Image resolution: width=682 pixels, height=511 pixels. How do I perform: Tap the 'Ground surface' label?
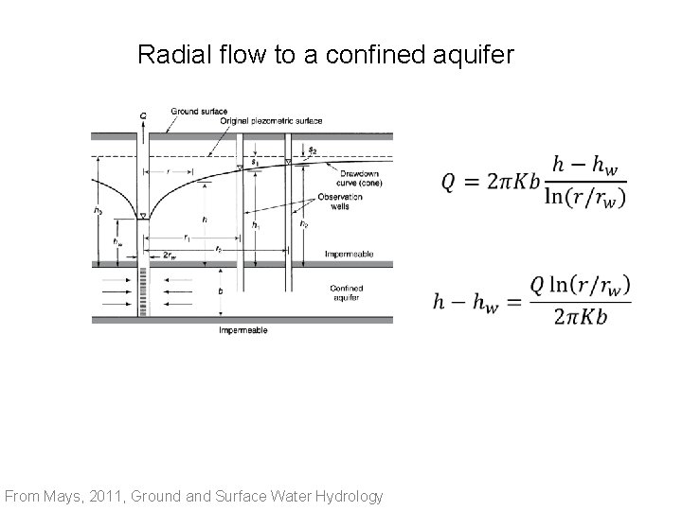coord(199,112)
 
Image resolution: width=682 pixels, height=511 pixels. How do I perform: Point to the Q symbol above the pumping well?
coord(142,116)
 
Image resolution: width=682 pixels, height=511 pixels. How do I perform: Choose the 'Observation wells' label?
coord(340,203)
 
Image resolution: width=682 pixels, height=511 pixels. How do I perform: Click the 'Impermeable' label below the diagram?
coord(242,330)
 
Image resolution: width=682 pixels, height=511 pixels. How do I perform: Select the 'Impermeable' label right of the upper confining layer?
coord(348,255)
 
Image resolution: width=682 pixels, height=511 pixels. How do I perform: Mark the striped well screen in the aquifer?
coord(143,289)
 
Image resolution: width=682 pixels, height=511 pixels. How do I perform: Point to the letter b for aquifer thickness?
coord(220,291)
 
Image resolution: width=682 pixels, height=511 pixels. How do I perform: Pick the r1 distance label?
coord(188,237)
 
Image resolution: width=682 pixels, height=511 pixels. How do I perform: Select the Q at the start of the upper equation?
coord(448,183)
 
